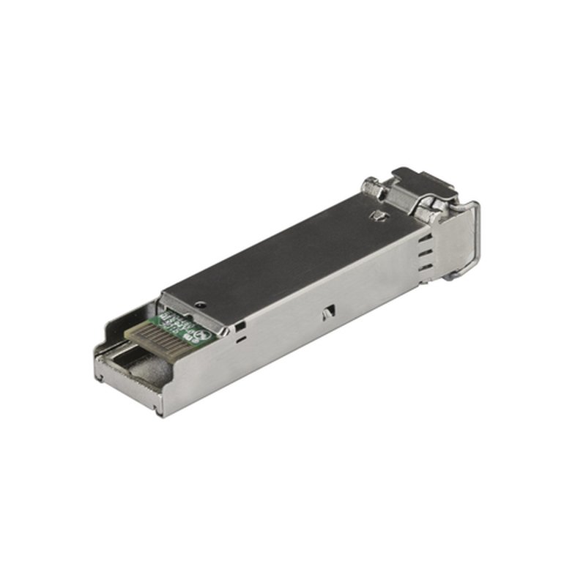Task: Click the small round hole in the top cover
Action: coord(201,302)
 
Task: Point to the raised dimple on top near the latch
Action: coord(377,216)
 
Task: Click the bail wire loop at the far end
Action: coord(472,234)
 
